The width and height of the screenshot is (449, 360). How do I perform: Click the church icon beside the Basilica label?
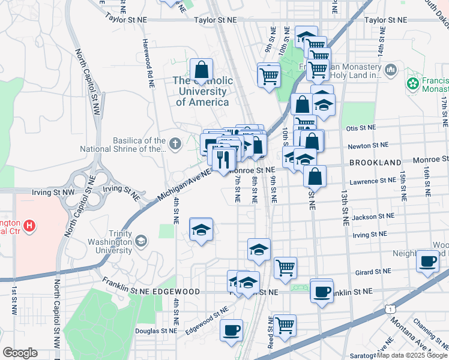(175, 143)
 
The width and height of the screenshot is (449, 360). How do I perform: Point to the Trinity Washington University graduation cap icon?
(140, 241)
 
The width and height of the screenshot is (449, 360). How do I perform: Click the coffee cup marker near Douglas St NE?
(232, 329)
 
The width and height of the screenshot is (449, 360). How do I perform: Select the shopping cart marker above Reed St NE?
(285, 325)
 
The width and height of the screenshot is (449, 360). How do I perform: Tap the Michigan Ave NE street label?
(184, 185)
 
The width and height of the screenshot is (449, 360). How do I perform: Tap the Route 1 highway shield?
(391, 308)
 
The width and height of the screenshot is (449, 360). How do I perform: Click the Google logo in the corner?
(20, 353)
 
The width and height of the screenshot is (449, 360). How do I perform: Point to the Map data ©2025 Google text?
(412, 355)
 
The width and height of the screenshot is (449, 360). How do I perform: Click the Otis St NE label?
(361, 128)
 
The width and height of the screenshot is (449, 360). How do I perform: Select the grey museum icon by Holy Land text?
(391, 70)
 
